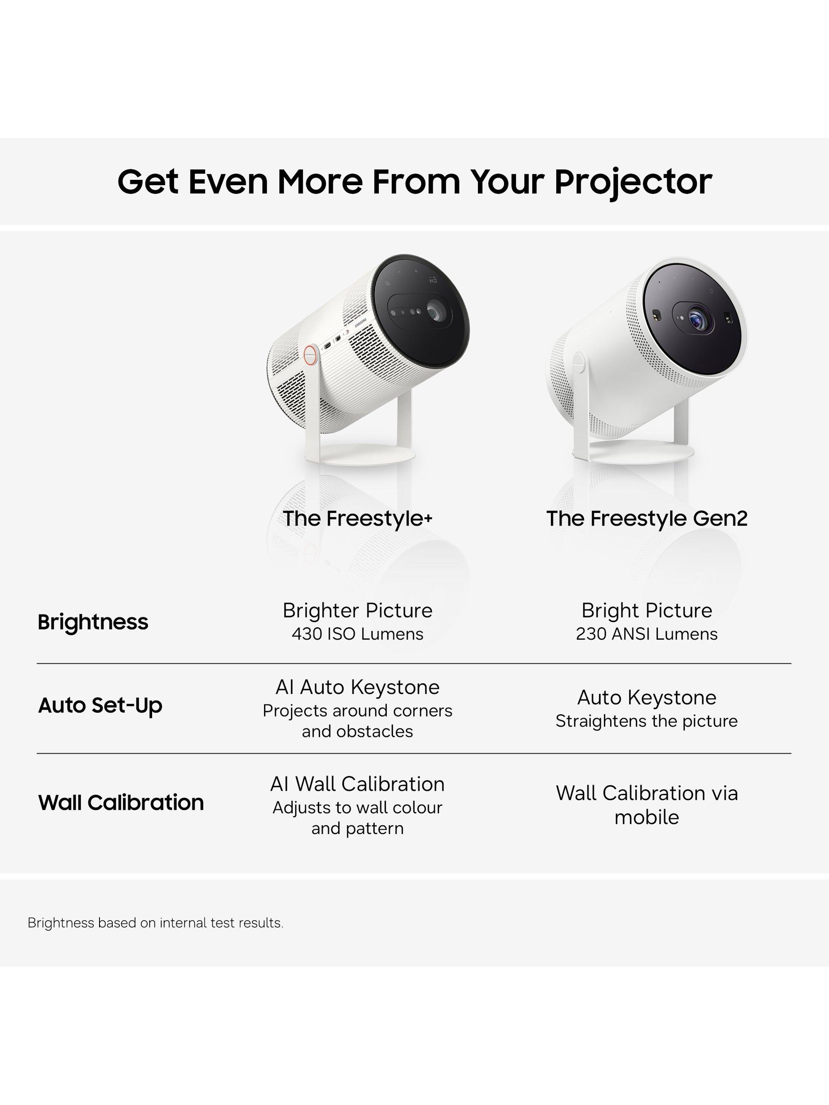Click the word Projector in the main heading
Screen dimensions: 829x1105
tap(633, 182)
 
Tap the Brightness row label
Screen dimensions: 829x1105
tap(93, 622)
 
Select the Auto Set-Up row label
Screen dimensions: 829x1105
tap(100, 705)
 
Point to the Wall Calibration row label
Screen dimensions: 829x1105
tap(121, 802)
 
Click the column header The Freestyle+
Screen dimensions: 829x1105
tap(357, 519)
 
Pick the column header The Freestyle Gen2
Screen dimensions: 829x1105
tap(646, 518)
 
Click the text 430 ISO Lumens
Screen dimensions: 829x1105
tap(357, 634)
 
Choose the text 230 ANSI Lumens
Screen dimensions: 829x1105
tap(646, 634)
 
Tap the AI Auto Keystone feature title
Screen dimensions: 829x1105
tap(357, 687)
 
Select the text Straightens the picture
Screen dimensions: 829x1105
tap(646, 721)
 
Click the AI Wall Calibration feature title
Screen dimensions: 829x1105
tap(357, 784)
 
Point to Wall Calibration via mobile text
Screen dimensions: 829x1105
tap(646, 805)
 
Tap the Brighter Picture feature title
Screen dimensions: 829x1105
tap(357, 610)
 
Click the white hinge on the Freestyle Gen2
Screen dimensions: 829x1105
tap(579, 363)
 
